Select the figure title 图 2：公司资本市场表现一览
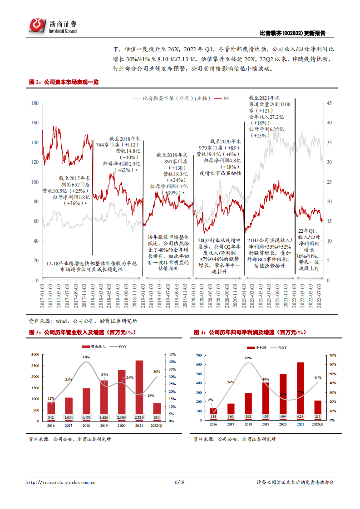pos(64,82)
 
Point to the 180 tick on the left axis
pos(35,103)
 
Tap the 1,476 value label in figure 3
pos(86,417)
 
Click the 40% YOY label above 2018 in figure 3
pos(86,357)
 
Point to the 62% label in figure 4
pos(248,358)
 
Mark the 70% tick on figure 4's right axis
pos(332,355)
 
